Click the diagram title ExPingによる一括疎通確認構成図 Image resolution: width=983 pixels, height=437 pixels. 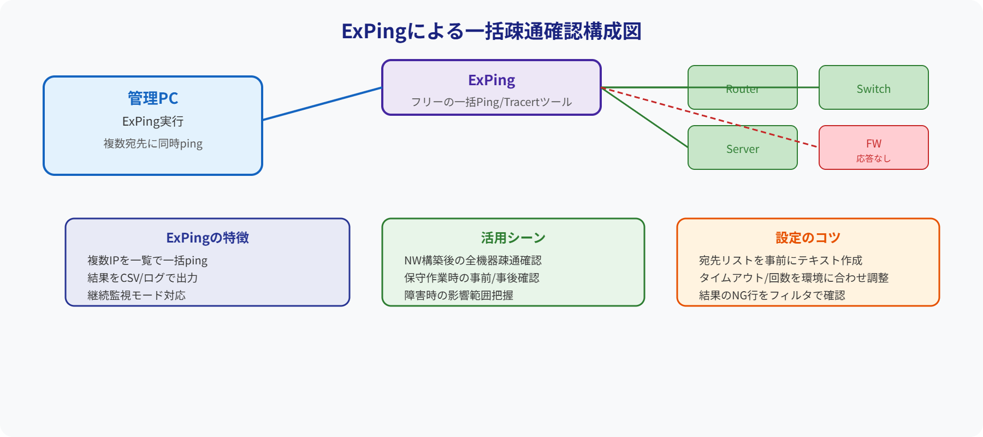[x=491, y=32]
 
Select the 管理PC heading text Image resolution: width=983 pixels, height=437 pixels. [x=153, y=98]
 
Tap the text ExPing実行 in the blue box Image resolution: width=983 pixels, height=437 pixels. [x=153, y=121]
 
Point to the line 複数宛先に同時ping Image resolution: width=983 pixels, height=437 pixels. [x=153, y=144]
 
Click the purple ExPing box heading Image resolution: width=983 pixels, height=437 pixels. [x=491, y=80]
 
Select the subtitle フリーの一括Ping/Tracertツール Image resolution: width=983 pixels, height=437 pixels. [x=491, y=102]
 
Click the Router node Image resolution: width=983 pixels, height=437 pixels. [x=743, y=98]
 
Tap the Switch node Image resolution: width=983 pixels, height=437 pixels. [x=874, y=89]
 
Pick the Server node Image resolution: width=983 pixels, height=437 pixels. [x=743, y=149]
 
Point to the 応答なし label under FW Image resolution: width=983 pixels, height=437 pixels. [x=874, y=158]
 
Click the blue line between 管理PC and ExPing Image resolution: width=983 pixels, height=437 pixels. [x=322, y=104]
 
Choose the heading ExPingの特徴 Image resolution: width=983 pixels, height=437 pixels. [x=208, y=238]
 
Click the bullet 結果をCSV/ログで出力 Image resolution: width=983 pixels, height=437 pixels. [x=143, y=278]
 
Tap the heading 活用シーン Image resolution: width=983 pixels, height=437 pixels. [x=513, y=238]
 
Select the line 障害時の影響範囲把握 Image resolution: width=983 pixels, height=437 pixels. [x=459, y=296]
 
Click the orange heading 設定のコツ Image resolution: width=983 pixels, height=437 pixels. [x=808, y=238]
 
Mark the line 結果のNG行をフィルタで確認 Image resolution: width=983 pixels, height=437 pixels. [x=772, y=296]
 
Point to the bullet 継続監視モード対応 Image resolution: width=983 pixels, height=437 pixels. [x=137, y=296]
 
